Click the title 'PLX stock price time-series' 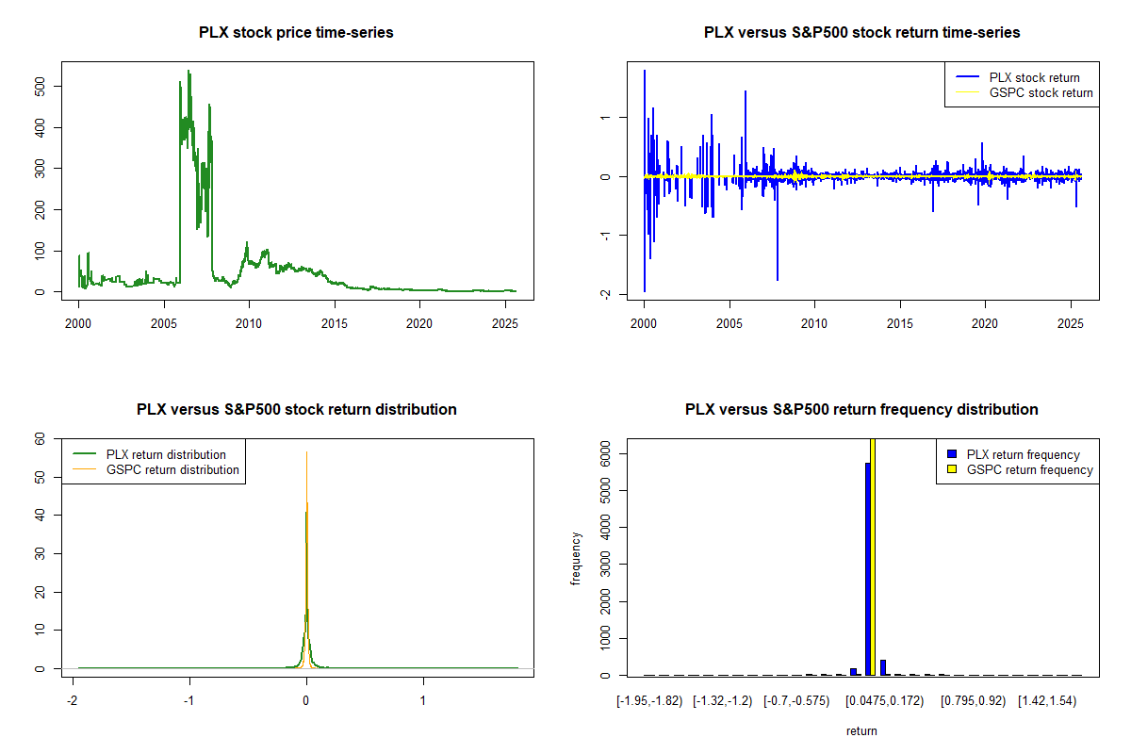tap(296, 33)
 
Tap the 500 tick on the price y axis tap(54, 86)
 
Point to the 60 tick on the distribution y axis tap(40, 438)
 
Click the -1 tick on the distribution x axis tap(189, 701)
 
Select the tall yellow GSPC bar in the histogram tap(873, 556)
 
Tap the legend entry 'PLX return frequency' tap(1023, 454)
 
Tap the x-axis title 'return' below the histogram tap(861, 730)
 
